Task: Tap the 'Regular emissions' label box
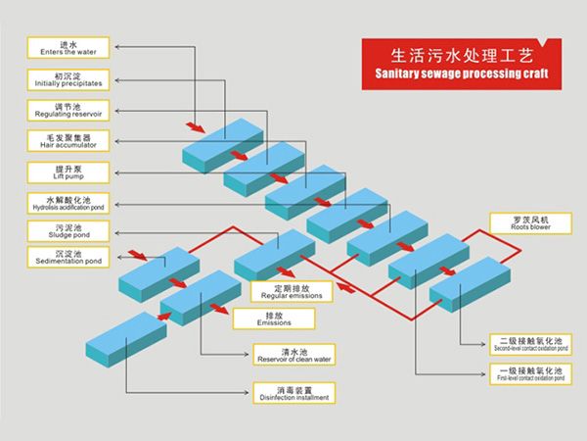[x=292, y=292]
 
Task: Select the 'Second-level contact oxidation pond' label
[x=529, y=344]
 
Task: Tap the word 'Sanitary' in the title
[x=397, y=74]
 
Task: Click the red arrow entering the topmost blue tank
[x=195, y=127]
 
